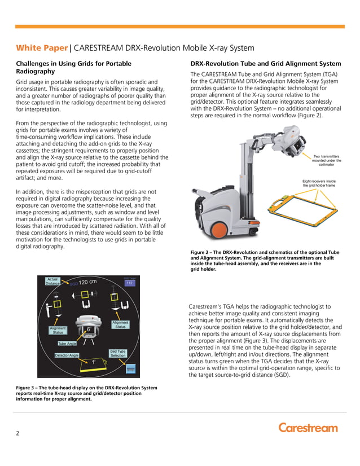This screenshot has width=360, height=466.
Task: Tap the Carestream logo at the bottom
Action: tap(308, 427)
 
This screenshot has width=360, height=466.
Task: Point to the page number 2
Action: tap(17, 433)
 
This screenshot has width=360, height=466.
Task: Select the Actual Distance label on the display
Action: tap(52, 281)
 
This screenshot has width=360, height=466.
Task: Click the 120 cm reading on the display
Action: tap(87, 282)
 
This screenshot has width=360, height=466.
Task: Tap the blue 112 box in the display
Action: tap(129, 283)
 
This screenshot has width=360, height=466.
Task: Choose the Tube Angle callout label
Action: tap(67, 343)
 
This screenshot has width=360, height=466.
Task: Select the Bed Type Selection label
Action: tap(118, 353)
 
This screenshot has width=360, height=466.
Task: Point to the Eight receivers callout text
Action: tap(319, 183)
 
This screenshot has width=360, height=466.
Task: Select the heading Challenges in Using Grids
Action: tap(73, 68)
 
